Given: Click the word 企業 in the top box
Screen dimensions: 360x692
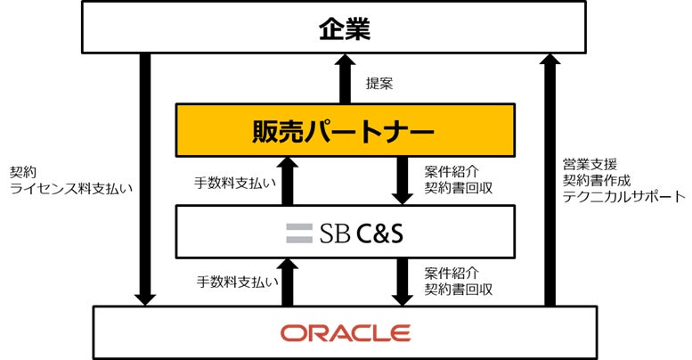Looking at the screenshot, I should pyautogui.click(x=344, y=29).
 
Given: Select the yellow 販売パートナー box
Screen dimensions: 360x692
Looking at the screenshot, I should pyautogui.click(x=345, y=130).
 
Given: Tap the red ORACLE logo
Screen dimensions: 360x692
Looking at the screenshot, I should pyautogui.click(x=346, y=332).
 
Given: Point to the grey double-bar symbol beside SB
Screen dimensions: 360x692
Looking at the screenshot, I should pyautogui.click(x=297, y=233).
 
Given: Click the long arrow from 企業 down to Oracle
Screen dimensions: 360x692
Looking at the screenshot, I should pyautogui.click(x=145, y=178).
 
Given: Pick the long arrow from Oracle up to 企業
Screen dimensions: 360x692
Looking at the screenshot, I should pyautogui.click(x=550, y=178).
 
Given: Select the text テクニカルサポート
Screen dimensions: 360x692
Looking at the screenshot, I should pyautogui.click(x=623, y=195).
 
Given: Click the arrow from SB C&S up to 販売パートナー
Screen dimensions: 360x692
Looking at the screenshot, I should pyautogui.click(x=287, y=180).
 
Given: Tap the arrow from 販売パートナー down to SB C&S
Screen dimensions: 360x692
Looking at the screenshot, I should pyautogui.click(x=403, y=180).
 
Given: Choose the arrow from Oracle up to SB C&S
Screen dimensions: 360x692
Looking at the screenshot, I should pyautogui.click(x=287, y=282).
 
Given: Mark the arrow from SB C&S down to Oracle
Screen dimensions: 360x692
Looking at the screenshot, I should pyautogui.click(x=403, y=282).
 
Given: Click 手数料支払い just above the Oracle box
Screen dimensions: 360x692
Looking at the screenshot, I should pyautogui.click(x=235, y=282).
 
